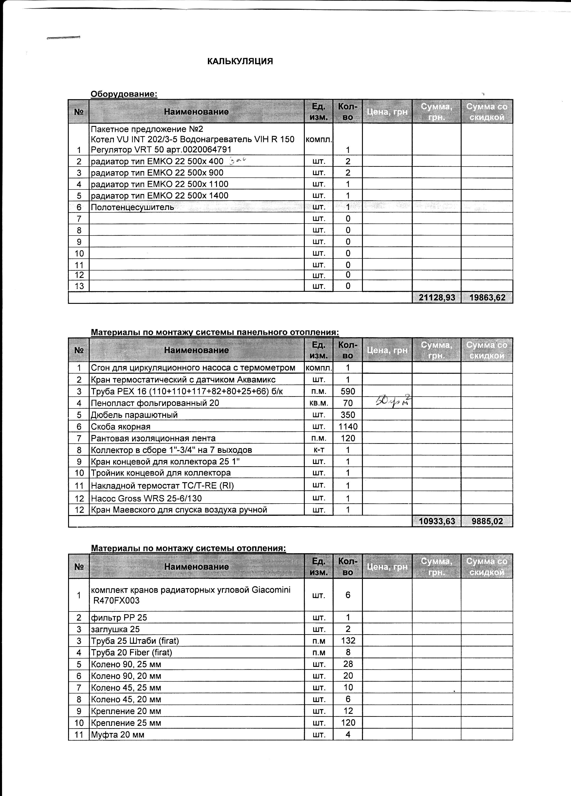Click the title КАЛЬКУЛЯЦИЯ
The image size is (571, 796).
point(240,61)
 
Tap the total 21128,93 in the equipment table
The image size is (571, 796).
point(437,298)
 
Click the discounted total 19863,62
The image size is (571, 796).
point(487,298)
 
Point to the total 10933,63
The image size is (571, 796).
point(437,521)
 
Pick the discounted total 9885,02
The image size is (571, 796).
point(487,521)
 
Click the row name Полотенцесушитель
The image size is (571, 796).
point(132,207)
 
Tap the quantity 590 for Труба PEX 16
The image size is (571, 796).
point(347,391)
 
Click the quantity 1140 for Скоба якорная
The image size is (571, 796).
point(347,426)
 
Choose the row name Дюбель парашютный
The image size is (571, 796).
point(134,415)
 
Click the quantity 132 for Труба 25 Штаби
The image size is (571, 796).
point(348,641)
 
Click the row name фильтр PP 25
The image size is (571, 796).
point(119,618)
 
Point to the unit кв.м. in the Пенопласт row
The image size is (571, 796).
point(318,403)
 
